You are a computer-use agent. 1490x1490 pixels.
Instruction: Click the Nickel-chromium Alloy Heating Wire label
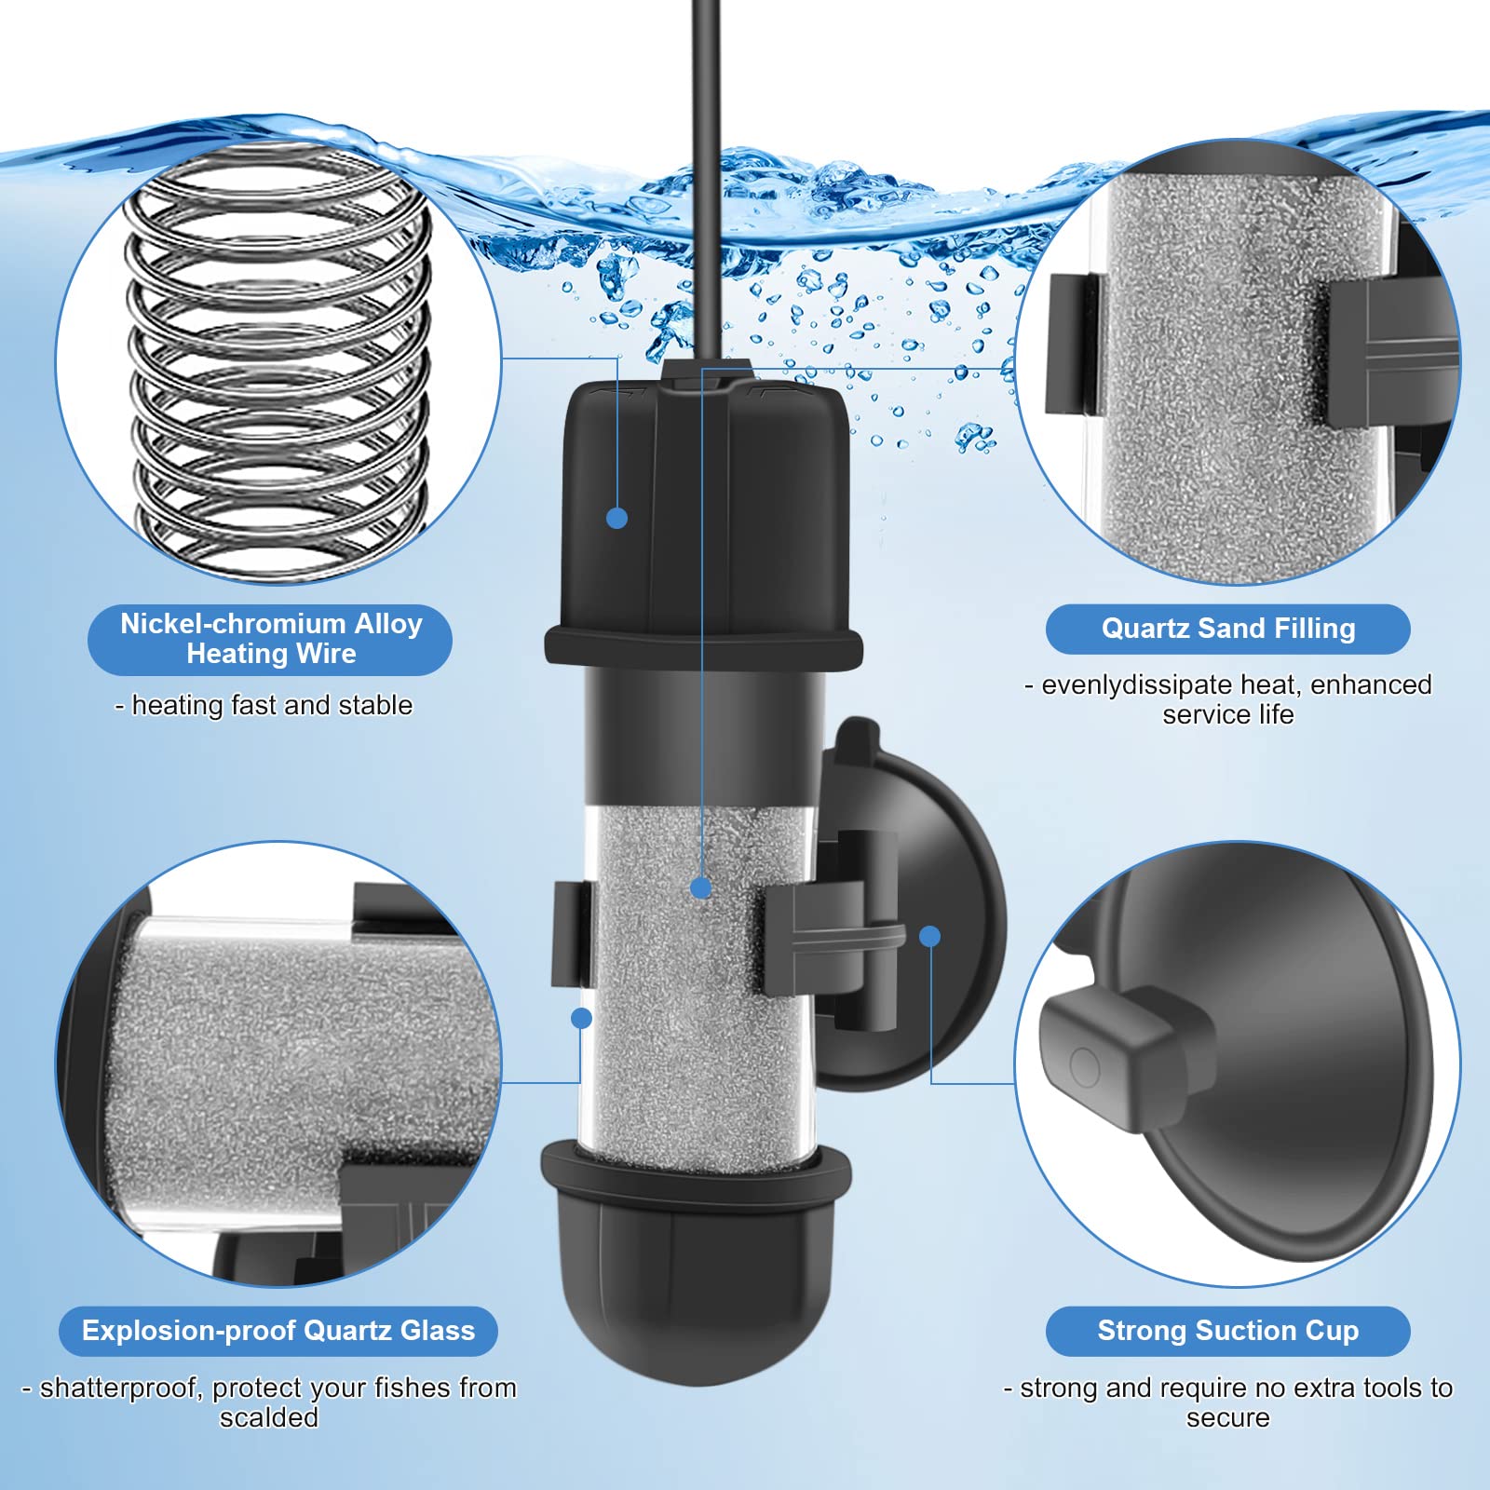tap(270, 639)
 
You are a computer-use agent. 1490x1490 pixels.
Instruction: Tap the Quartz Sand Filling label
tap(1227, 629)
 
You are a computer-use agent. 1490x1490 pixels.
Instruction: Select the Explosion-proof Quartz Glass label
tap(278, 1331)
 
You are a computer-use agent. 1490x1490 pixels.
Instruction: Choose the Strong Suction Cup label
tap(1227, 1331)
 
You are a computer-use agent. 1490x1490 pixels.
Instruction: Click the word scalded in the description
tap(269, 1417)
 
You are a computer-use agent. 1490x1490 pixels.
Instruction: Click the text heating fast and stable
tap(272, 705)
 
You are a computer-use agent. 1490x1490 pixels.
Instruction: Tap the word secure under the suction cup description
tap(1227, 1418)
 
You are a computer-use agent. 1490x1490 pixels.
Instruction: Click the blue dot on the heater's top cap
tap(616, 518)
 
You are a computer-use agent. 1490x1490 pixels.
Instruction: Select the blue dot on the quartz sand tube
tap(701, 887)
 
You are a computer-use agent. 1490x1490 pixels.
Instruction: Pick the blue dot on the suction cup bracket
tap(929, 936)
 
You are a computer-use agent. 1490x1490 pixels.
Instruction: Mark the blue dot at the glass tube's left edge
tap(581, 1018)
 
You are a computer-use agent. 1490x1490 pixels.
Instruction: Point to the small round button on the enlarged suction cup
tap(1085, 1066)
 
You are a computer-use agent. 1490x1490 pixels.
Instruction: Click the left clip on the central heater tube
tap(572, 934)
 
